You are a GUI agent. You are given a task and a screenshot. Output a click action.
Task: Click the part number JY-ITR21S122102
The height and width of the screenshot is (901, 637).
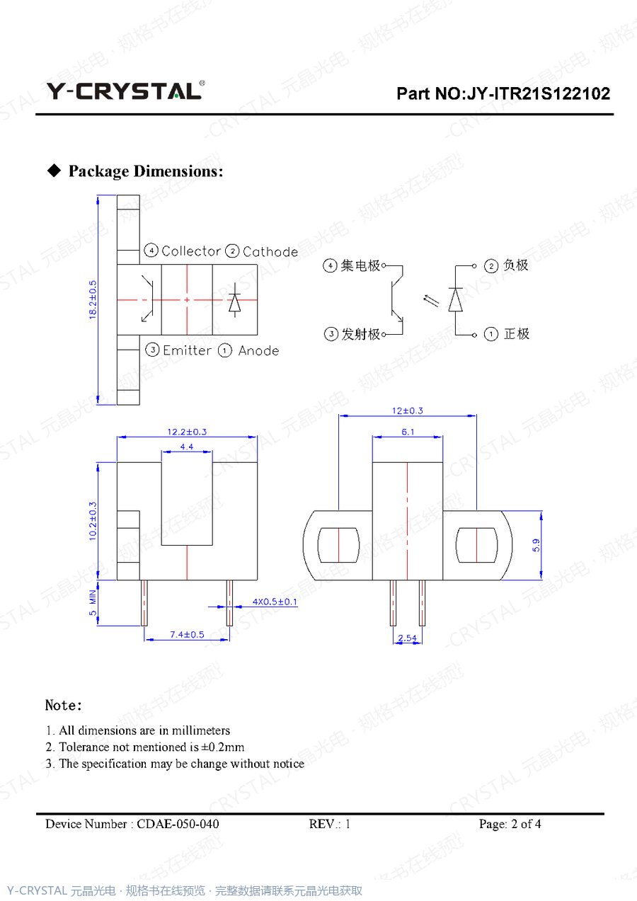(x=539, y=93)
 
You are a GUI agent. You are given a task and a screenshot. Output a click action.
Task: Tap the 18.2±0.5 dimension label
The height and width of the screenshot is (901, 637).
(x=93, y=299)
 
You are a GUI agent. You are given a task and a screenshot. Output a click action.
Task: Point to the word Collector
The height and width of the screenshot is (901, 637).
(x=191, y=251)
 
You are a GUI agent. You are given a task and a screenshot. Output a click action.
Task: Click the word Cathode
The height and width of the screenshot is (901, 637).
(x=270, y=252)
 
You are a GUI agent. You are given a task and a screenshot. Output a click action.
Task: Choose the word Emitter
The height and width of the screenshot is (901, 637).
(x=187, y=350)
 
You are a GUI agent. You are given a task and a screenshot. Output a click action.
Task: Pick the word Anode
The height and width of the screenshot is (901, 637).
(x=258, y=351)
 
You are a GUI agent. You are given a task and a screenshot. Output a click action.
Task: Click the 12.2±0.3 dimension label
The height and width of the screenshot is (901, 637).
(x=187, y=432)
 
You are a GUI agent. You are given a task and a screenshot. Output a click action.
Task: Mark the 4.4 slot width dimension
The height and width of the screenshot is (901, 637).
(x=187, y=447)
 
